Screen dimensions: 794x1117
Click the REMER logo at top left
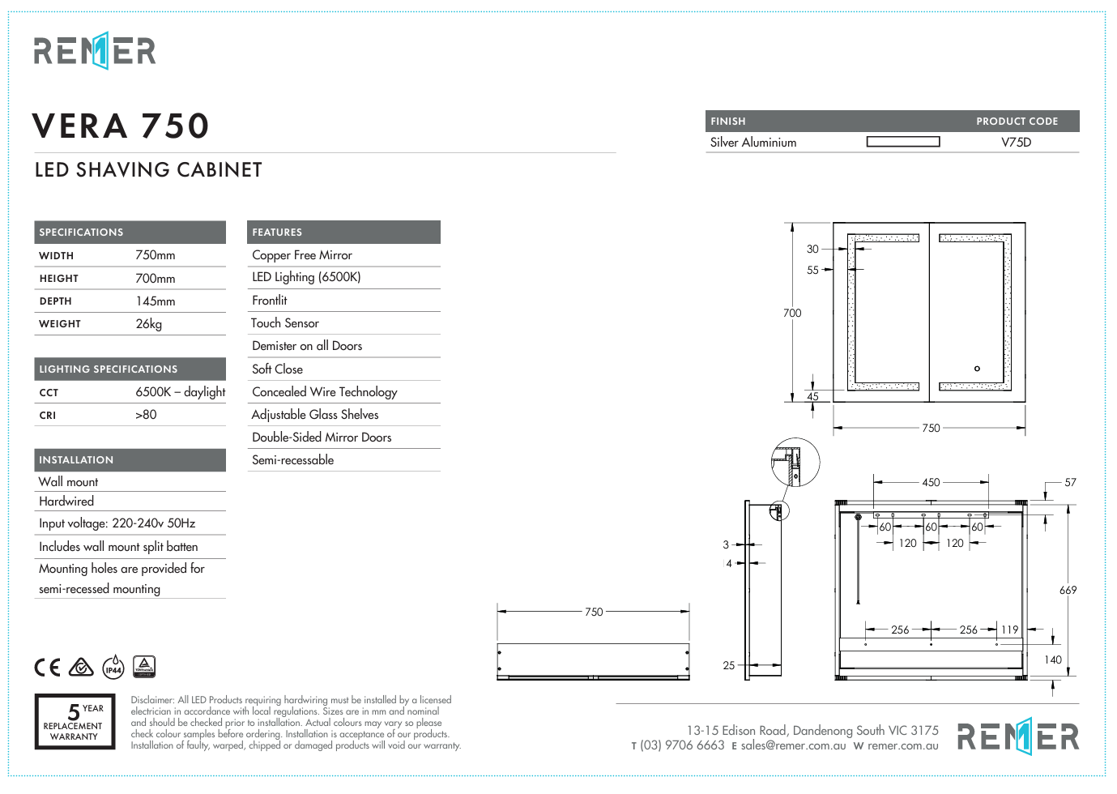tap(95, 51)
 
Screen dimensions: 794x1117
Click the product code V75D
tap(1016, 143)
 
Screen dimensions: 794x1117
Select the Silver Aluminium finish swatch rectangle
tap(902, 142)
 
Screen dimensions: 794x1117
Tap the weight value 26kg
tap(149, 324)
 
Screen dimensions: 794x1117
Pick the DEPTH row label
tap(56, 301)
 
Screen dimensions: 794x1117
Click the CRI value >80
tap(146, 415)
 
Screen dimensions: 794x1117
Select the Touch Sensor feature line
tap(285, 323)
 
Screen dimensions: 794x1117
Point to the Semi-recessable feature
tap(292, 460)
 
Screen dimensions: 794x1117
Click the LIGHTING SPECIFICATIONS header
tap(109, 369)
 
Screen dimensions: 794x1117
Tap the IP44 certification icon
tap(113, 668)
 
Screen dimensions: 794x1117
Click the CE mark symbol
tap(47, 668)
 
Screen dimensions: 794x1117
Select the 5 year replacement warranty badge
tap(75, 721)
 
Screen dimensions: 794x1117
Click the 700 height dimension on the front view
tap(792, 313)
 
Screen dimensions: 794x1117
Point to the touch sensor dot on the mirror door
tap(977, 369)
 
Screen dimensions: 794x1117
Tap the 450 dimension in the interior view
tap(931, 483)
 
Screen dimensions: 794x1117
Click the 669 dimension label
tap(1068, 591)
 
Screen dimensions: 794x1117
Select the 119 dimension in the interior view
tap(1009, 630)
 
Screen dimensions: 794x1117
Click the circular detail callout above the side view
tap(795, 463)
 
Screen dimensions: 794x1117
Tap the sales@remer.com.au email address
tap(793, 746)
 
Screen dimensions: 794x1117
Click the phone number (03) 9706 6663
tap(682, 746)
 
